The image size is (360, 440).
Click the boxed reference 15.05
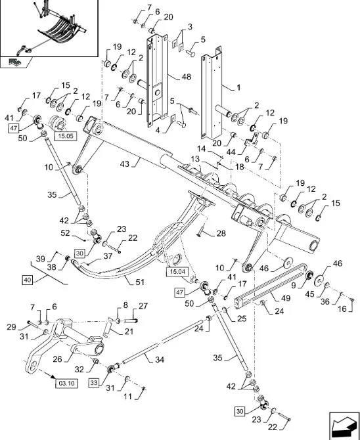66,137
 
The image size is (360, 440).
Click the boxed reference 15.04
177,272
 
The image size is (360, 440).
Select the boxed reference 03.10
66,384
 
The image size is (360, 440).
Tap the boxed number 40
27,280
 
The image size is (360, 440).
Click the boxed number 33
94,383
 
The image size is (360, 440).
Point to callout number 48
187,77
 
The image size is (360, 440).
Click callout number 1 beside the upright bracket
238,87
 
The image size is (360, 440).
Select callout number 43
124,164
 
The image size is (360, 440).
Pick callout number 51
139,282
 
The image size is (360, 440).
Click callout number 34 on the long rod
160,359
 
